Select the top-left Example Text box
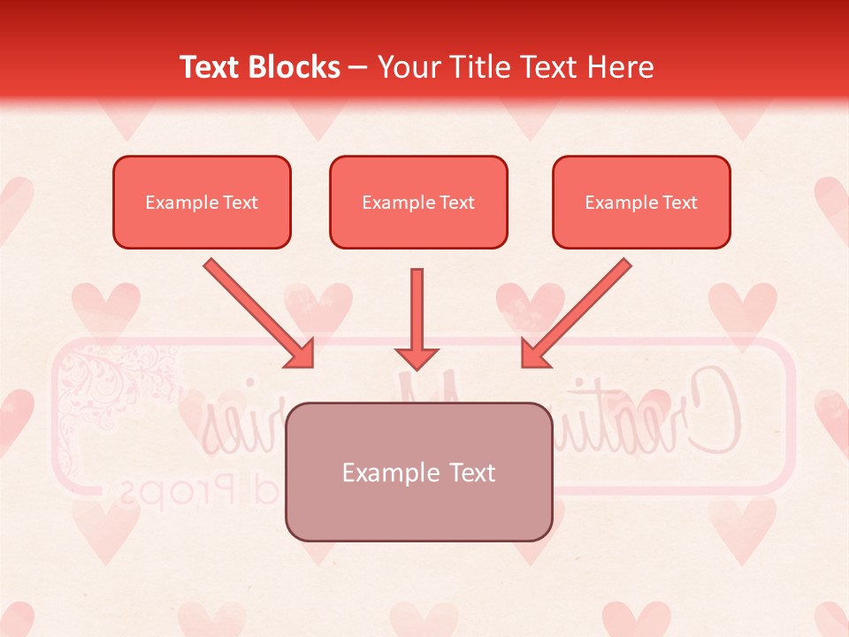point(202,202)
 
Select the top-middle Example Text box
point(418,202)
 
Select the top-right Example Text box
point(641,202)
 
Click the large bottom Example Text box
point(418,472)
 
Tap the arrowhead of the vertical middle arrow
point(417,357)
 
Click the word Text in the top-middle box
point(457,203)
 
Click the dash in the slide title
point(358,68)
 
